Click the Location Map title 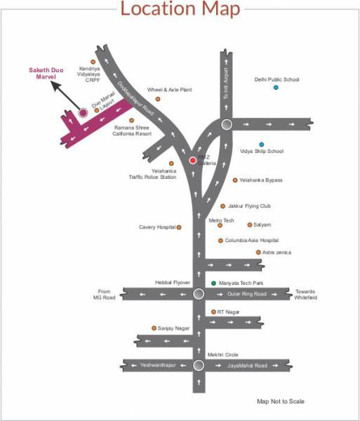[x=180, y=10]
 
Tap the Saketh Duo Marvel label [x=45, y=74]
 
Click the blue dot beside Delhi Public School [x=276, y=87]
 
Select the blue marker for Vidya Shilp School [x=262, y=144]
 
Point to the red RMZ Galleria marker [x=193, y=160]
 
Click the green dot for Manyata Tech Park [x=214, y=283]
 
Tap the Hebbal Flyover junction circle [x=198, y=294]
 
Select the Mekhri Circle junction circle [x=199, y=366]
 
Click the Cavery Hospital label [x=156, y=227]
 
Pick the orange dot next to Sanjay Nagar [x=153, y=328]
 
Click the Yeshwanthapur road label [x=157, y=366]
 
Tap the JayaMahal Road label [x=246, y=366]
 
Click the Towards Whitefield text [x=306, y=294]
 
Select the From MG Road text [x=105, y=295]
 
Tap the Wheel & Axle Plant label [x=169, y=90]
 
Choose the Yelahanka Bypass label [x=260, y=180]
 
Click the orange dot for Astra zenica [x=258, y=252]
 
